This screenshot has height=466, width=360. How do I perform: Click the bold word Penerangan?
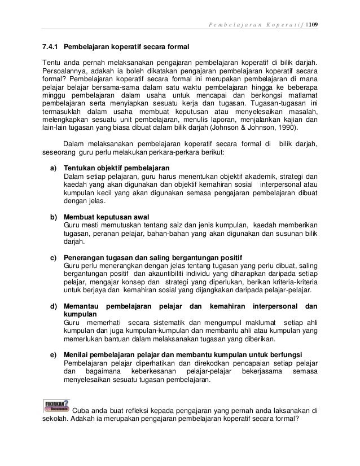pyautogui.click(x=85, y=259)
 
